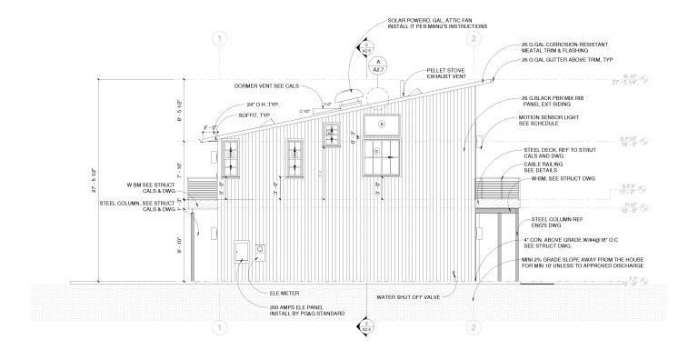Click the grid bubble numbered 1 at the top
click(218, 38)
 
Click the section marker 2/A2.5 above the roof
click(366, 46)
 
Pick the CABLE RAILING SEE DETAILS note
click(542, 166)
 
